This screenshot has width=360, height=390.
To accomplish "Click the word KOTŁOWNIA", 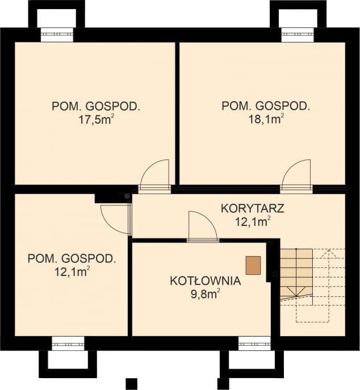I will [x=206, y=281].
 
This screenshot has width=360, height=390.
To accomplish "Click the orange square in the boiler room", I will [x=253, y=265].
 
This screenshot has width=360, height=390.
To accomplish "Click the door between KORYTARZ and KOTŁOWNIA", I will [x=202, y=227].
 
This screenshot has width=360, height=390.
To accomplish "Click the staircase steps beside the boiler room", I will [x=296, y=272].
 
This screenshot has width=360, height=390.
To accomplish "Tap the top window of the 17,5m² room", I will [x=56, y=34].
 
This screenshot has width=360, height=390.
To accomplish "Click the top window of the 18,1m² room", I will [x=298, y=34].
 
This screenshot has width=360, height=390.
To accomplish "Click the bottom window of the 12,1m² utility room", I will [x=68, y=343].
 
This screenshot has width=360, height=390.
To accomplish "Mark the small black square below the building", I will [x=132, y=383].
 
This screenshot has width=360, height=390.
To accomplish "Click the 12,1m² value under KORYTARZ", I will [x=252, y=221].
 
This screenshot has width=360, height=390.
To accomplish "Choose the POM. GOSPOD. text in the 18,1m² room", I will [x=266, y=106].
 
